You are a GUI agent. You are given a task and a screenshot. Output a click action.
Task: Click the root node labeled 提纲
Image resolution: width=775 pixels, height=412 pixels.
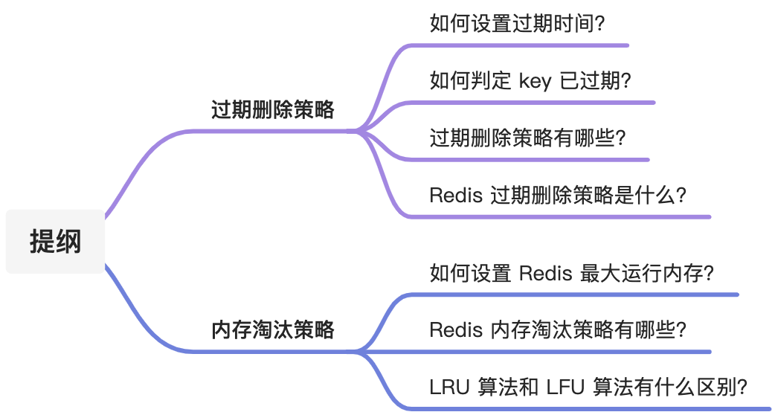55,242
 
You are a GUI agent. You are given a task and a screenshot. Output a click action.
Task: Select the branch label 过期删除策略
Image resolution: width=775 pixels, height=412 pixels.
272,111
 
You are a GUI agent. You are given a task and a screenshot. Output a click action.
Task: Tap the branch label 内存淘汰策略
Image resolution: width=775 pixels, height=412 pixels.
272,329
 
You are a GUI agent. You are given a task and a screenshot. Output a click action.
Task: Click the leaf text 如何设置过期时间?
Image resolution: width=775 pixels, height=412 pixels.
517,23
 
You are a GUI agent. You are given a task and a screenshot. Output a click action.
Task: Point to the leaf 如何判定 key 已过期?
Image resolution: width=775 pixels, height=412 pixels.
530,80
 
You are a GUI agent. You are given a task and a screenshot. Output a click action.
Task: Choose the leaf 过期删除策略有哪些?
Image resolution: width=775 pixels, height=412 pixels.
527,138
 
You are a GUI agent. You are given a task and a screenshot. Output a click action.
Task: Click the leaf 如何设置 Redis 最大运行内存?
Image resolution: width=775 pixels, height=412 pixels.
572,273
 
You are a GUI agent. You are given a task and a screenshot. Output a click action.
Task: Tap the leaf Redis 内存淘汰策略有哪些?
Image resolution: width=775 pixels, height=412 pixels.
558,329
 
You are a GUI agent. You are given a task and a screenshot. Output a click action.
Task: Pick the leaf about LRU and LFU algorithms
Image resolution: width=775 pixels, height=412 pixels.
588,387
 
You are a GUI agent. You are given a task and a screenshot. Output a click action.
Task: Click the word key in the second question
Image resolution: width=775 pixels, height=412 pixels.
535,81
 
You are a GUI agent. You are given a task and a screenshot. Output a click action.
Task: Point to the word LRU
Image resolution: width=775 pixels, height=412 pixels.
448,387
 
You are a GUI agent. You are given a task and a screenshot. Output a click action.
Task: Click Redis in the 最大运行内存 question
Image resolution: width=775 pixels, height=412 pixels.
545,273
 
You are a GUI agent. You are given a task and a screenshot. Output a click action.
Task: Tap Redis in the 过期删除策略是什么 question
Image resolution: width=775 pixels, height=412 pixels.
454,196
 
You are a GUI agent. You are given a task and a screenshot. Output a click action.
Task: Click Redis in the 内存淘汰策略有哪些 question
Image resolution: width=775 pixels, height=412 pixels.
454,329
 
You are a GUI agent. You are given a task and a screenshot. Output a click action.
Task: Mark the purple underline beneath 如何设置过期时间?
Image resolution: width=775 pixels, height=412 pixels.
521,45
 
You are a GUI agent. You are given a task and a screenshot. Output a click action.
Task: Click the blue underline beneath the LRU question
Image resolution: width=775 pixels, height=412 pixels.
595,408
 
